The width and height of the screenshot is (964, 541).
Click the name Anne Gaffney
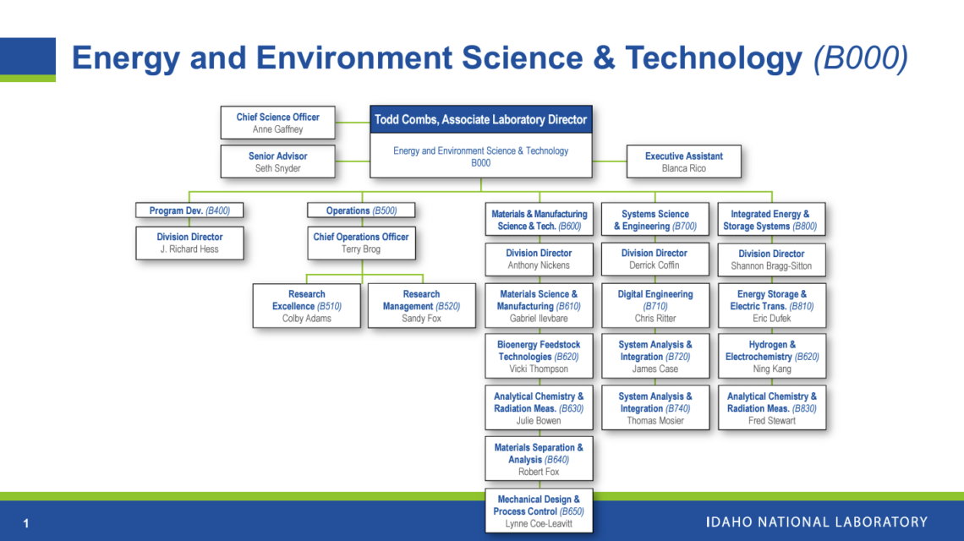[x=277, y=129]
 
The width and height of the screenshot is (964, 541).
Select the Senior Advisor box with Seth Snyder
[x=277, y=161]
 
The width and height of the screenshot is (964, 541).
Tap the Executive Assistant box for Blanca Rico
[x=683, y=161]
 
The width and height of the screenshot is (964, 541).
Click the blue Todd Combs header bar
[x=480, y=120]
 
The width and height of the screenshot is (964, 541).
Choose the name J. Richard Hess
[x=189, y=249]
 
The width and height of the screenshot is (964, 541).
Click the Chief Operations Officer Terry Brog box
[x=361, y=243]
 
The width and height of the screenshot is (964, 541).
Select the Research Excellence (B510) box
[x=307, y=306]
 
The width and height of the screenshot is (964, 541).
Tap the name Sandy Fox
[x=421, y=319]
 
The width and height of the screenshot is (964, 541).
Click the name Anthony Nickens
[x=539, y=265]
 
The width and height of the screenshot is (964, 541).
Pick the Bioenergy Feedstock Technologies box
[x=539, y=357]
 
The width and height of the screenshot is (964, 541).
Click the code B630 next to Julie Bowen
[x=571, y=408]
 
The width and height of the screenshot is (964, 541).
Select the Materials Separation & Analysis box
[x=539, y=459]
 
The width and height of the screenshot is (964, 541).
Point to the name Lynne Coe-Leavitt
[x=539, y=523]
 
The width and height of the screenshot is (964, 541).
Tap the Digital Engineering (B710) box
[x=655, y=306]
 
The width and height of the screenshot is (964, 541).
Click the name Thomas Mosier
[x=655, y=420]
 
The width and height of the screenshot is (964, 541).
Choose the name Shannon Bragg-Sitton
[x=771, y=265]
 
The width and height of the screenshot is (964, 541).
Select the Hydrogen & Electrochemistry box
[x=771, y=357]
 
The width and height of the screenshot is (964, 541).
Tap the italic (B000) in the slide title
[x=860, y=58]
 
